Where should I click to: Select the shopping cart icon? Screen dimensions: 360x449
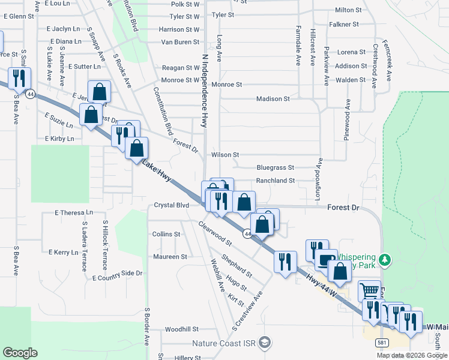(x=369, y=291)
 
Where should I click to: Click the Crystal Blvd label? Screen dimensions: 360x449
(x=172, y=205)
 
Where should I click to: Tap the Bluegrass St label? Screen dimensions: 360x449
(x=275, y=168)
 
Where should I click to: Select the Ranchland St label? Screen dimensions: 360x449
(x=276, y=181)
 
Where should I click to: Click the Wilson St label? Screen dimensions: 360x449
(x=225, y=155)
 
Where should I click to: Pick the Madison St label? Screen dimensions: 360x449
(x=273, y=99)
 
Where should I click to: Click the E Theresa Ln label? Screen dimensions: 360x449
(x=74, y=212)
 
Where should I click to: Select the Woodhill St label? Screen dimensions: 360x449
(x=181, y=329)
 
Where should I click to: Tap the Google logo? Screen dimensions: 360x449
(x=20, y=353)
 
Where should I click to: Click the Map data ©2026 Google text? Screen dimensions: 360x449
(x=412, y=355)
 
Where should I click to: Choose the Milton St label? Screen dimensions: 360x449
(x=348, y=10)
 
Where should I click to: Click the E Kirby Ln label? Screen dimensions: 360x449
(x=59, y=139)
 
